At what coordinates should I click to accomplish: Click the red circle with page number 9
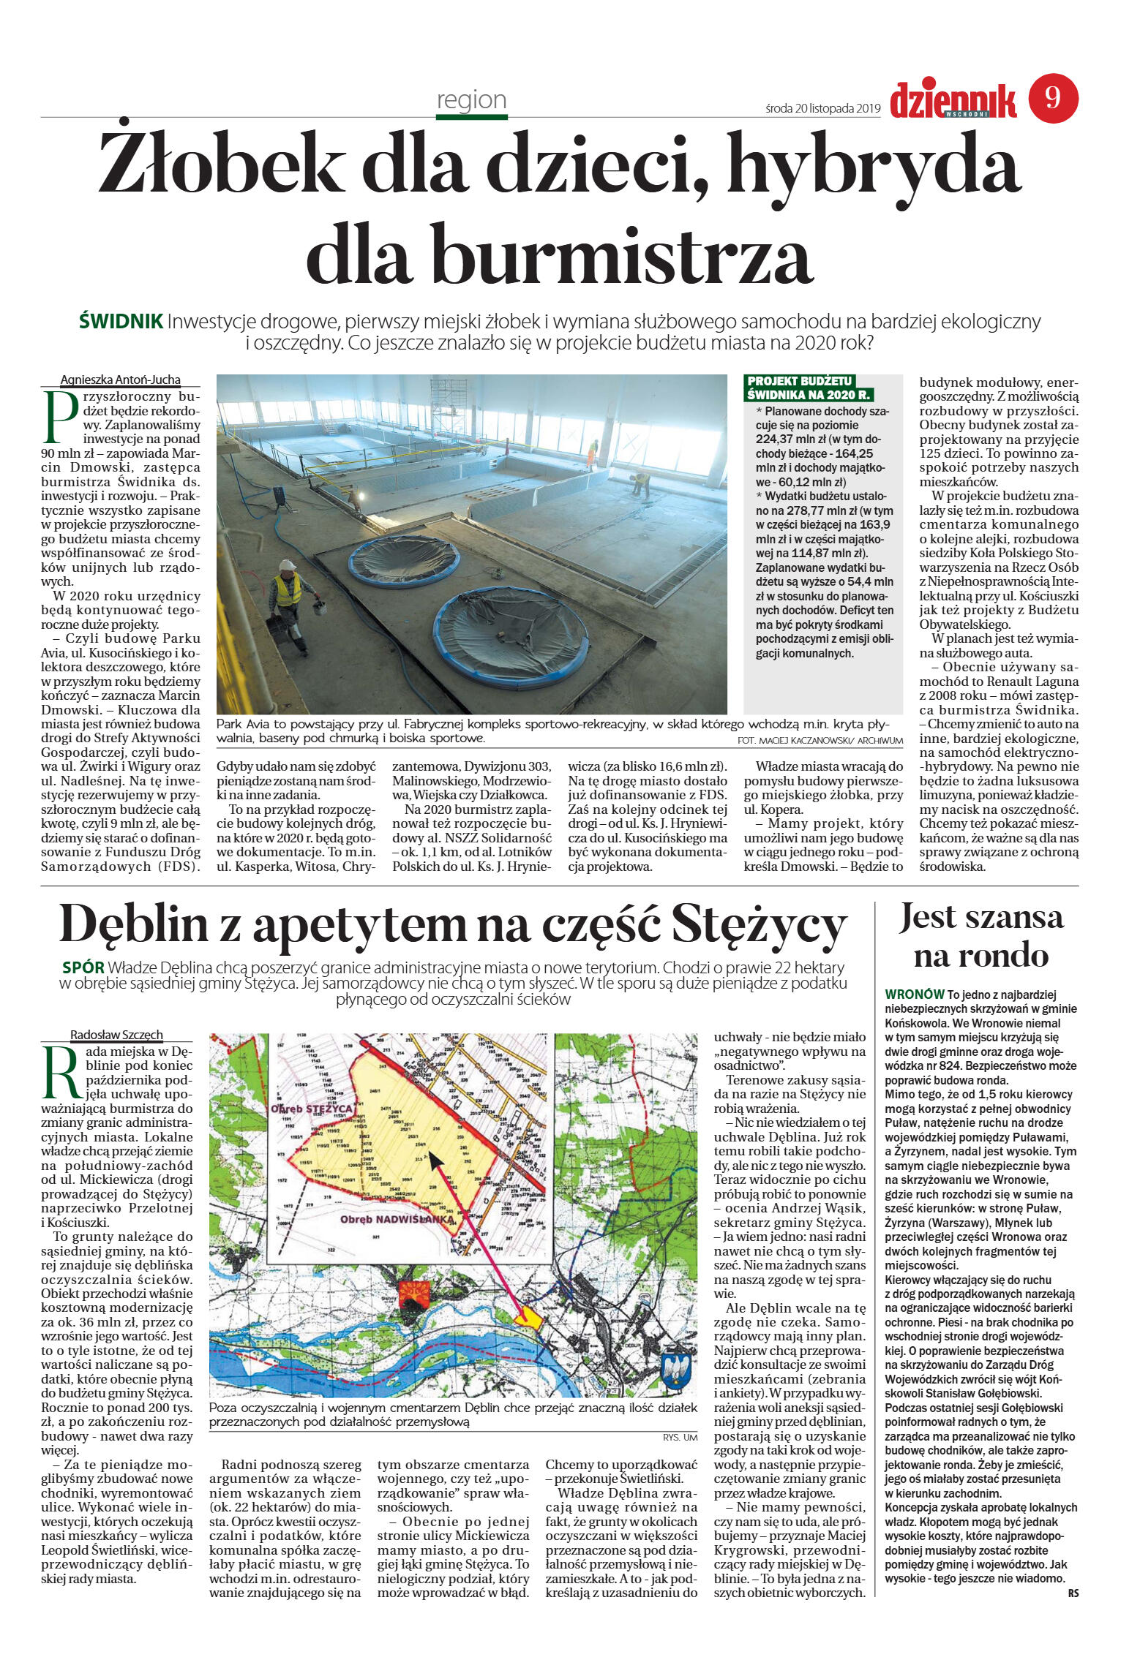point(1053,98)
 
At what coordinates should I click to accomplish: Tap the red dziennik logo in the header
point(953,100)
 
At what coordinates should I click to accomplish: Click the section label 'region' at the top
point(471,99)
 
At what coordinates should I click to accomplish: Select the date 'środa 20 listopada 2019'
point(822,108)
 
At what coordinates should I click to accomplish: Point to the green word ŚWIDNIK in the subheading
point(121,321)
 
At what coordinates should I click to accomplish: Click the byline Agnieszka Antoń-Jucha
point(120,380)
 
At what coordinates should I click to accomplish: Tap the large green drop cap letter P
point(61,418)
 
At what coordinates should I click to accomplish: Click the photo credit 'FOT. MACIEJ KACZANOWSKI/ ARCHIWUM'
point(820,741)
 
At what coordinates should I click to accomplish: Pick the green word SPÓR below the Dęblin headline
point(83,967)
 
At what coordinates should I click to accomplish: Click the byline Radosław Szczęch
point(116,1035)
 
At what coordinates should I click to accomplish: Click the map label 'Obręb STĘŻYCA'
point(312,1109)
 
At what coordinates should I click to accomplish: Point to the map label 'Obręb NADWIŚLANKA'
point(397,1219)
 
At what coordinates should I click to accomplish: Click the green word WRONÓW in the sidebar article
point(914,995)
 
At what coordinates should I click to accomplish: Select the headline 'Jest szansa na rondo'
point(980,936)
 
